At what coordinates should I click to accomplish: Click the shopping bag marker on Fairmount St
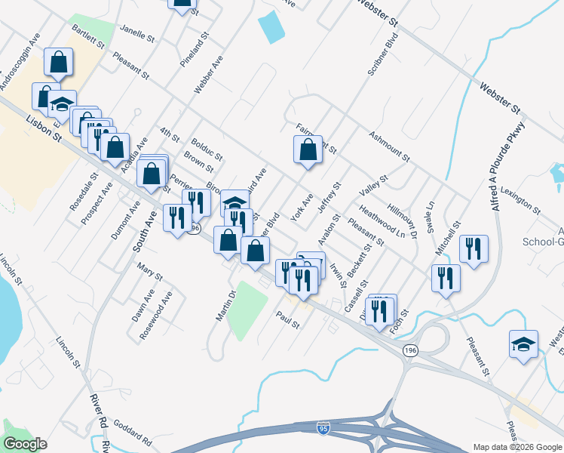coord(308,149)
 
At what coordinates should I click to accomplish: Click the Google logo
coord(25,444)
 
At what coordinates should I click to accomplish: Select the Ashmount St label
coord(389,146)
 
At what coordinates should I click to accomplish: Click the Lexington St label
coord(520,198)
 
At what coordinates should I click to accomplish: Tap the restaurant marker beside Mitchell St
coord(474,251)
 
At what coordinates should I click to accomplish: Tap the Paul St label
coord(287,321)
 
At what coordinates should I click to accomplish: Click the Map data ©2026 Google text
coord(515,447)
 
